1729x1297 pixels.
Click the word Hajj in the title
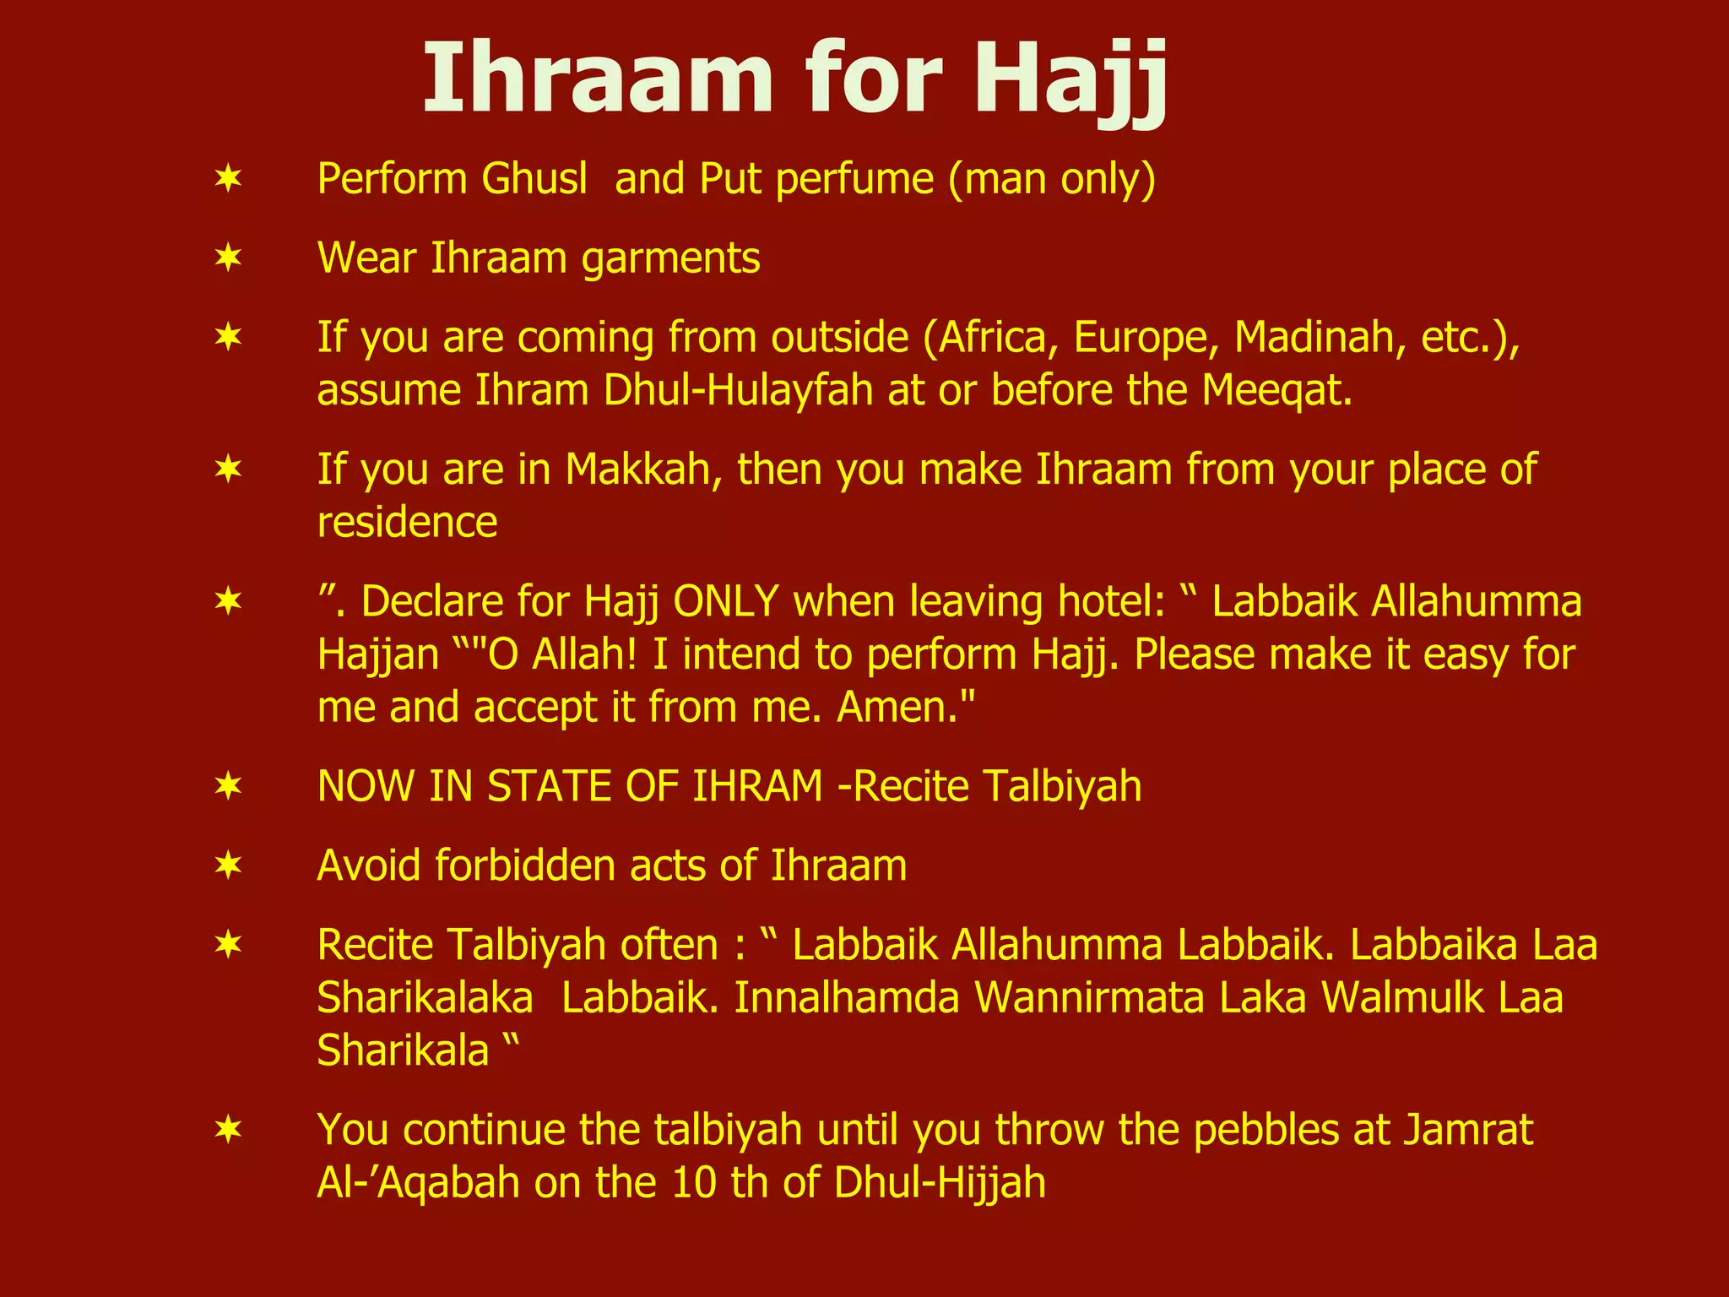(1070, 82)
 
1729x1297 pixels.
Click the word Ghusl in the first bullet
(534, 179)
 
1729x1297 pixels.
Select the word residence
(407, 523)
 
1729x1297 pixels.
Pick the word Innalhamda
(847, 998)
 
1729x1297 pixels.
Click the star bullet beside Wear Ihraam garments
(229, 258)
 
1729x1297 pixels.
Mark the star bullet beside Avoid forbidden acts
(229, 866)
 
